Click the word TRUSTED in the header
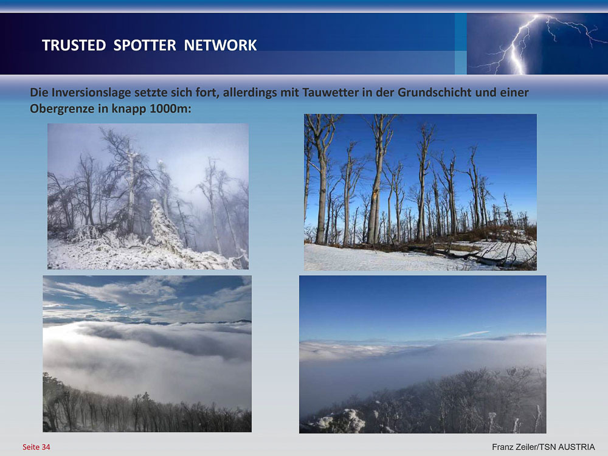(74, 45)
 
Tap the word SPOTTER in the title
(145, 45)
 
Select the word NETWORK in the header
(220, 45)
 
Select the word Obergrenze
(62, 109)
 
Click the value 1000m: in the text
(170, 108)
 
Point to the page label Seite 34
(36, 447)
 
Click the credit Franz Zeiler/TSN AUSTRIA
(543, 447)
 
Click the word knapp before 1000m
(129, 109)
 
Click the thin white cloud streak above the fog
(471, 334)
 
